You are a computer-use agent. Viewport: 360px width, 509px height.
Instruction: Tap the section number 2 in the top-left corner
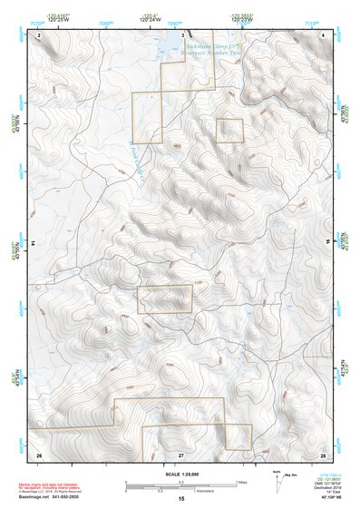tap(39, 34)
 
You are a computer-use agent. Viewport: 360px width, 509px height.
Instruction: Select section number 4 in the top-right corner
tap(324, 34)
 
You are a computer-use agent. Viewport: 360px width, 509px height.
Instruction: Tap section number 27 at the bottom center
tap(180, 454)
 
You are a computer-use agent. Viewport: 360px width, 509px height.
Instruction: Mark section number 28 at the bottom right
tap(322, 454)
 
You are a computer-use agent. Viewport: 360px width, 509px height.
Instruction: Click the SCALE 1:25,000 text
tap(181, 475)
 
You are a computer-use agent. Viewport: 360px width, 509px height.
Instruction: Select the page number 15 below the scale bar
tap(181, 500)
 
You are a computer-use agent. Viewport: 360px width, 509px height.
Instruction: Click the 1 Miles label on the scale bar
tap(241, 481)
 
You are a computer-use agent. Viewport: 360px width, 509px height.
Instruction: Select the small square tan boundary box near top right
tap(230, 131)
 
